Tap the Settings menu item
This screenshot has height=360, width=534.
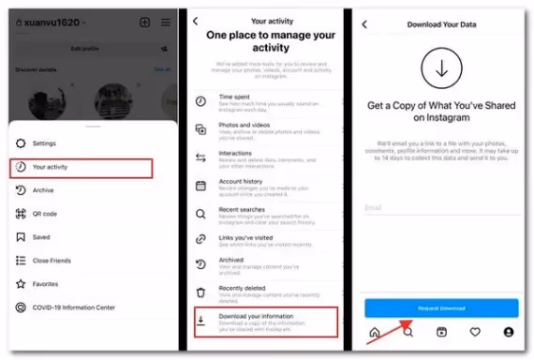44,143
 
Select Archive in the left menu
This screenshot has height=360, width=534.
43,190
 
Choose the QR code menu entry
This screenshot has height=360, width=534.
45,214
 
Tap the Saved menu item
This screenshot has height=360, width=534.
40,237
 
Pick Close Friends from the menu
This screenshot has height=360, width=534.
52,261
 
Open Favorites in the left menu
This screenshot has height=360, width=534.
45,284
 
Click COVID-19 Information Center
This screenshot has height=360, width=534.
73,307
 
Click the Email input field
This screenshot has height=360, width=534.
440,208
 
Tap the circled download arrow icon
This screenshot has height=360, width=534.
440,67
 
